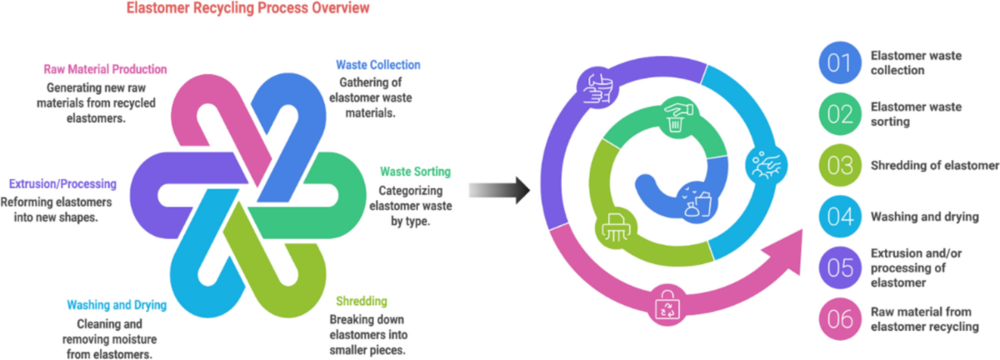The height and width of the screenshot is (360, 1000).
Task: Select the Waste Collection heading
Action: (377, 65)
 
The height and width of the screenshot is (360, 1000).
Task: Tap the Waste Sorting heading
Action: (415, 172)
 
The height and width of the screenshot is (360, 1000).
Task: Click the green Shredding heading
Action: (361, 301)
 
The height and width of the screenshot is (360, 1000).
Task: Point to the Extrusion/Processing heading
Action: (62, 183)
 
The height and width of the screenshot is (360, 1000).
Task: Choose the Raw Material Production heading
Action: (106, 69)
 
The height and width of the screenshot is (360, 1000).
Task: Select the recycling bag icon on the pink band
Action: (668, 306)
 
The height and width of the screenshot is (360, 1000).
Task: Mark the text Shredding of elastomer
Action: (934, 166)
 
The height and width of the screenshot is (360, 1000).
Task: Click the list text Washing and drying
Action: (923, 217)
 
